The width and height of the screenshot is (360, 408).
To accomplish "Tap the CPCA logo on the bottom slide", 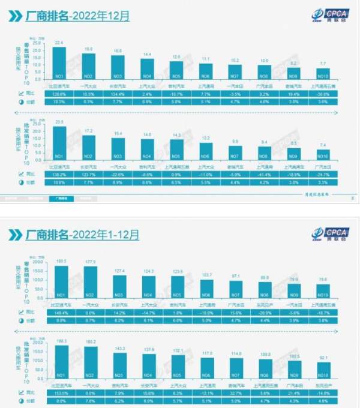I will [x=329, y=233].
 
